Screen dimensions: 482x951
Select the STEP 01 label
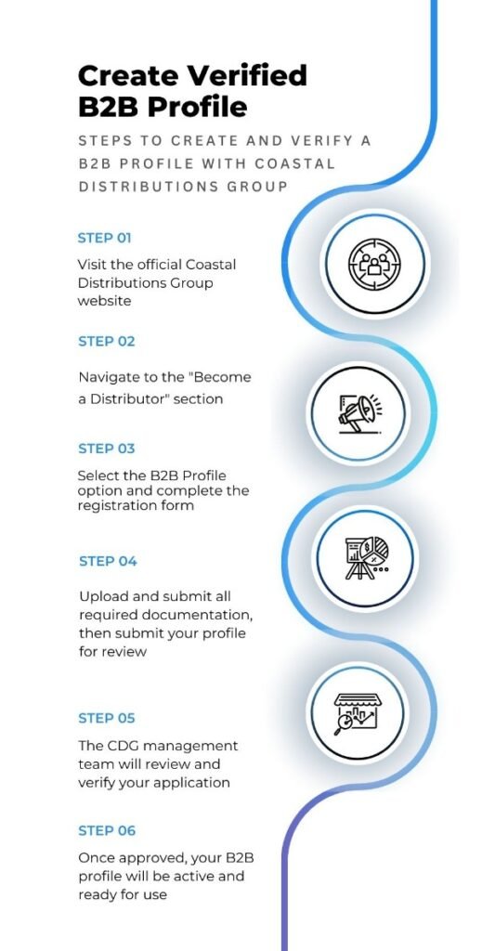(104, 239)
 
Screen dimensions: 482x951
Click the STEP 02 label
(107, 342)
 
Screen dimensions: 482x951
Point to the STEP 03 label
(107, 449)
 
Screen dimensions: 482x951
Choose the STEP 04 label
(108, 562)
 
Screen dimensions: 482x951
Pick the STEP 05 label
(107, 719)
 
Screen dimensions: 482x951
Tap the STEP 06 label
(107, 831)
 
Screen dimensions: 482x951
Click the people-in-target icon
(374, 264)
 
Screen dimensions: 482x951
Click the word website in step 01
(104, 301)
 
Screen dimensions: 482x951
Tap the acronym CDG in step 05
(124, 746)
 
